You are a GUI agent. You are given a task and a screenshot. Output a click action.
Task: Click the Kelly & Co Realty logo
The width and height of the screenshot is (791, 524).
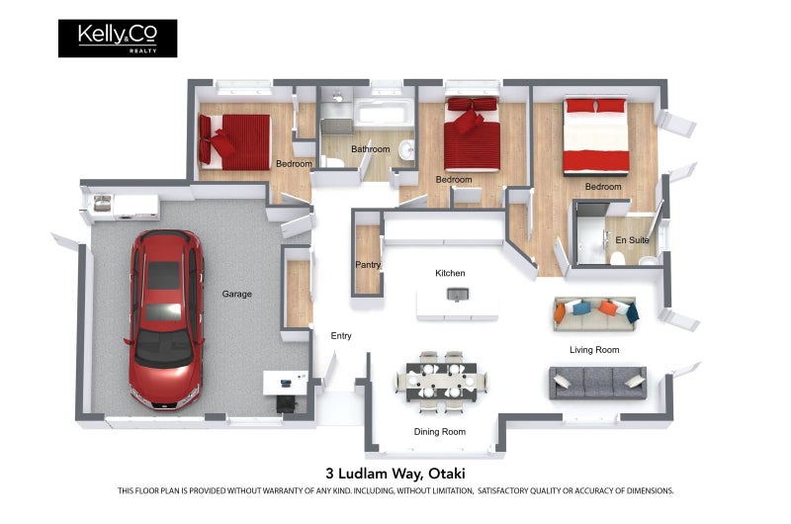click(118, 39)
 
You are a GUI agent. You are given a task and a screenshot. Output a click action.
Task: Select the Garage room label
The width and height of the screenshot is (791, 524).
click(236, 294)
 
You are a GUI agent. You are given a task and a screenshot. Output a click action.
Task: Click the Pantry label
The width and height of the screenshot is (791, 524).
click(368, 265)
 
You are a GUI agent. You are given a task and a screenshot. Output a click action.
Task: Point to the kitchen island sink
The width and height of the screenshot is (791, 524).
click(458, 294)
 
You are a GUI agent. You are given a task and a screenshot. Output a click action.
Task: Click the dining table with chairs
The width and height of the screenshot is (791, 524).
click(442, 382)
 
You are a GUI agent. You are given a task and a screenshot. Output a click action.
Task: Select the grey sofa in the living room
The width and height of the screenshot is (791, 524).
click(598, 383)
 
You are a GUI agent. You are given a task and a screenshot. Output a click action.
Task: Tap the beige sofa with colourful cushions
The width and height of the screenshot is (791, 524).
click(595, 314)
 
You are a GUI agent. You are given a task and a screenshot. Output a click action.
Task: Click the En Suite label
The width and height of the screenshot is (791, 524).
click(632, 240)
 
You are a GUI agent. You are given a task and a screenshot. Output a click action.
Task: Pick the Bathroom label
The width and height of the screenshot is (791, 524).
click(370, 149)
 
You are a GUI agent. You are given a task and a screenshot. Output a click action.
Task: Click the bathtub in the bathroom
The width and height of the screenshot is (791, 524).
click(384, 114)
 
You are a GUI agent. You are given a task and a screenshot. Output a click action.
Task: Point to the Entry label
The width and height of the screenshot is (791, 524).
click(341, 336)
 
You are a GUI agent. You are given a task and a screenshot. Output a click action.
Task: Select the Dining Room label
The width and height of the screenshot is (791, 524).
click(440, 432)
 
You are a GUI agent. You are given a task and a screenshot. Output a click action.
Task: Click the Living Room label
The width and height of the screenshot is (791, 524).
click(594, 350)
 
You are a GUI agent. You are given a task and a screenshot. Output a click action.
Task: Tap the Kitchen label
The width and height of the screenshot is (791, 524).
click(450, 273)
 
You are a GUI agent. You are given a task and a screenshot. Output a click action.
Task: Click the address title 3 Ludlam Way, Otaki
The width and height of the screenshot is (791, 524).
click(395, 474)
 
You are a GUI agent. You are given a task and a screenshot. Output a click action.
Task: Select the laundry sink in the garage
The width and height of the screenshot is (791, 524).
click(103, 204)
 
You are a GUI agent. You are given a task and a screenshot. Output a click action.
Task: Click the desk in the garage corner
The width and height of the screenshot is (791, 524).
click(286, 383)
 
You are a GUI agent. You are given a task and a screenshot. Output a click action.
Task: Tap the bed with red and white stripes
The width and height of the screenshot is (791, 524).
click(596, 136)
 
